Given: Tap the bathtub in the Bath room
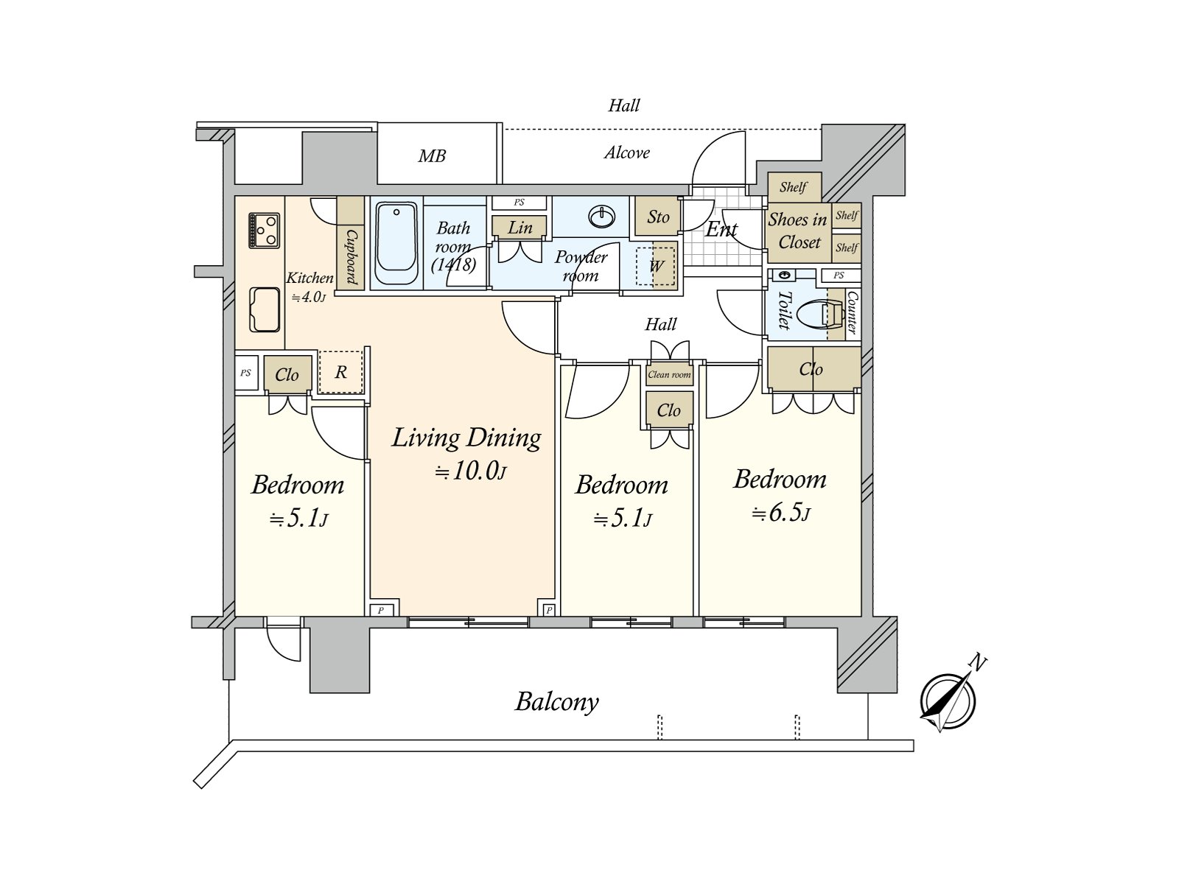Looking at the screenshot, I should pyautogui.click(x=396, y=243).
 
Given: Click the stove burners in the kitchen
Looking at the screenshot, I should pyautogui.click(x=264, y=230).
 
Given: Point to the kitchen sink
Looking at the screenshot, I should pyautogui.click(x=265, y=309).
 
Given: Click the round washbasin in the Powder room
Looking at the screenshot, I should pyautogui.click(x=603, y=217).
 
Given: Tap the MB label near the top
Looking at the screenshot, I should pyautogui.click(x=432, y=156).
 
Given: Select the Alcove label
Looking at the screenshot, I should pyautogui.click(x=627, y=152).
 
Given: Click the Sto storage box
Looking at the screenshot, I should pyautogui.click(x=657, y=217).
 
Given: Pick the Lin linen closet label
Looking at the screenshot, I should pyautogui.click(x=519, y=228).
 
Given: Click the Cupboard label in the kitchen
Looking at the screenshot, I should pyautogui.click(x=351, y=256).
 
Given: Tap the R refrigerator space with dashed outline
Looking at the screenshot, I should pyautogui.click(x=340, y=372).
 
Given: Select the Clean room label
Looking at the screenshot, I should pyautogui.click(x=669, y=374).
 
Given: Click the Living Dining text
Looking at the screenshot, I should pyautogui.click(x=466, y=438).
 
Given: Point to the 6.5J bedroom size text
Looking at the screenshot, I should pyautogui.click(x=781, y=513).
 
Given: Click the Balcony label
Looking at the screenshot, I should pyautogui.click(x=556, y=701).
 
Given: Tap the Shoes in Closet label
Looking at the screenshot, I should pyautogui.click(x=798, y=231).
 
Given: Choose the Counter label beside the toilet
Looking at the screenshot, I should pyautogui.click(x=851, y=313).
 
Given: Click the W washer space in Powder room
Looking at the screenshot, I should pyautogui.click(x=657, y=265).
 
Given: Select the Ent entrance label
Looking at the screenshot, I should pyautogui.click(x=721, y=229).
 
